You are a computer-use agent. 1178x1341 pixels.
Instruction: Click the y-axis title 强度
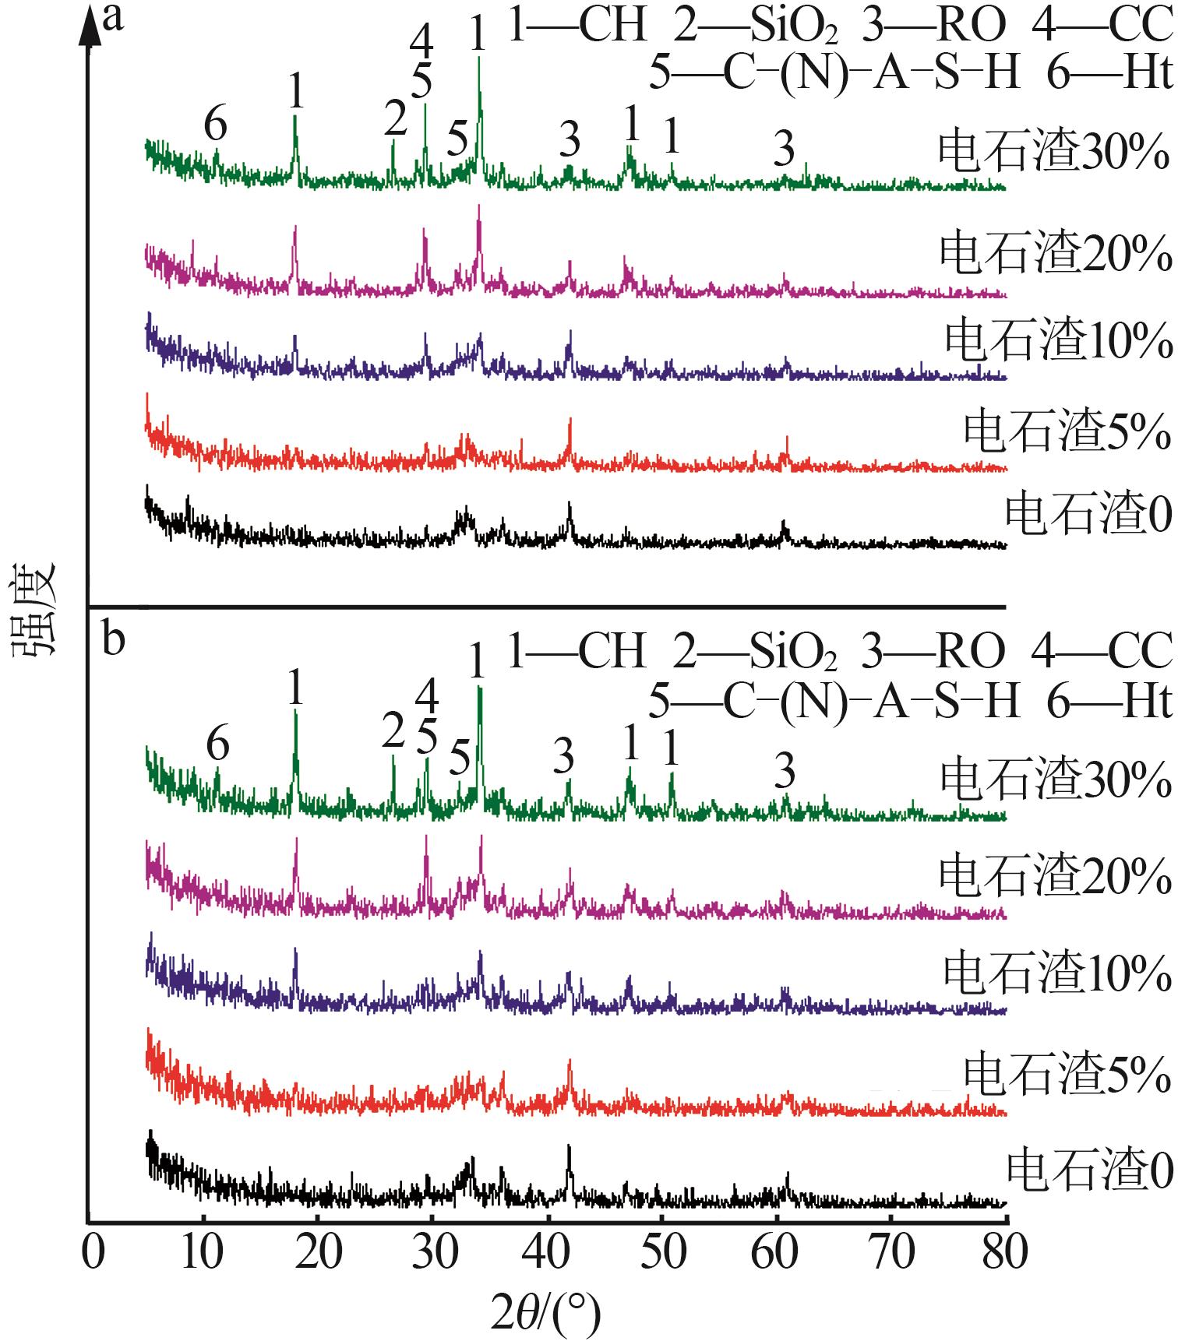click(x=34, y=608)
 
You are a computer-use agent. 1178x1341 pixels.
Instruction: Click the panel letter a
click(x=114, y=17)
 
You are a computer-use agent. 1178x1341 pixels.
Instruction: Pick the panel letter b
click(x=114, y=640)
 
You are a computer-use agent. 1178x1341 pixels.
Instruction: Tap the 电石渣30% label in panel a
click(x=1053, y=151)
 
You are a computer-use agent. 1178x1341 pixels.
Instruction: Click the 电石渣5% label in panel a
click(x=1067, y=431)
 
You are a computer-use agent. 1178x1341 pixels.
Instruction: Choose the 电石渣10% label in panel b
click(x=1057, y=973)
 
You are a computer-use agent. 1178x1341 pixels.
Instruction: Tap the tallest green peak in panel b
click(x=479, y=688)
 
